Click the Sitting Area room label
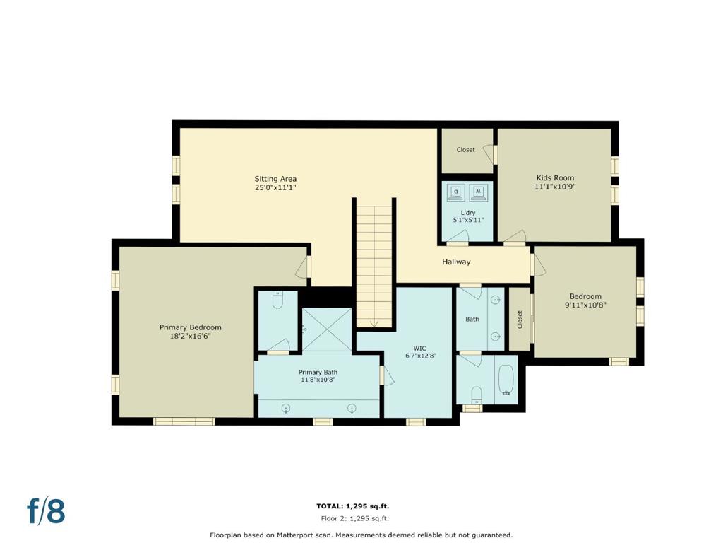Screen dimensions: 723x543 (275, 179)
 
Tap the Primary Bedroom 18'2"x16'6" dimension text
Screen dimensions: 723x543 (190, 337)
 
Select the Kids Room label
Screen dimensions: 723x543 (555, 177)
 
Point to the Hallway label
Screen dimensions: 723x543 (456, 262)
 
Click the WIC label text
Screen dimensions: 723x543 (419, 348)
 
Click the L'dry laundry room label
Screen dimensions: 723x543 (468, 213)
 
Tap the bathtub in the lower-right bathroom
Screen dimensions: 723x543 (506, 380)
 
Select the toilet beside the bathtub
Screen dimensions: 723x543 (477, 395)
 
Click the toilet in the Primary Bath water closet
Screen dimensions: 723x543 (277, 300)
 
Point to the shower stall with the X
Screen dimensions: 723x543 (326, 329)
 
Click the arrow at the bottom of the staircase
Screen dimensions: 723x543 (374, 324)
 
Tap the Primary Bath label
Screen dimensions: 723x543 (318, 372)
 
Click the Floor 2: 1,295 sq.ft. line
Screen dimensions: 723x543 (354, 518)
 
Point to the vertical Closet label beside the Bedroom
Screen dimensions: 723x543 (520, 319)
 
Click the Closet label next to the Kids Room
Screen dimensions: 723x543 (466, 150)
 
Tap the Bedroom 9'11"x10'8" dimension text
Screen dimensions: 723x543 (585, 305)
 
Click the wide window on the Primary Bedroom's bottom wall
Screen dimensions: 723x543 (184, 421)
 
